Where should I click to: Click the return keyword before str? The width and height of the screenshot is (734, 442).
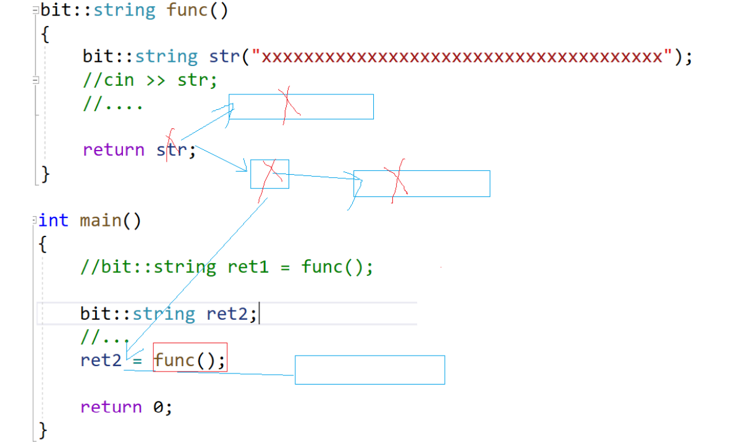(113, 149)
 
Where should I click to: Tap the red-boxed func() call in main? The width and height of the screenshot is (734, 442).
(190, 358)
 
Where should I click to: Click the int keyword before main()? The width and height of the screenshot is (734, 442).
(53, 220)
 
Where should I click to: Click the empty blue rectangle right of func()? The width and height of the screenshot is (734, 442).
(369, 370)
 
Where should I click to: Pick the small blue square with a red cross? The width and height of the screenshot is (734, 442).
(269, 173)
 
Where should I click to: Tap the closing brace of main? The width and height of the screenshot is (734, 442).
(43, 428)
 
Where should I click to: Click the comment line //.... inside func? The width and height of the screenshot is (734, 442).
(112, 104)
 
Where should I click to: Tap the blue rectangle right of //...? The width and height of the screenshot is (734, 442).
(301, 106)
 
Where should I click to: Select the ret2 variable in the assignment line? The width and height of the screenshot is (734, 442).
(101, 359)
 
